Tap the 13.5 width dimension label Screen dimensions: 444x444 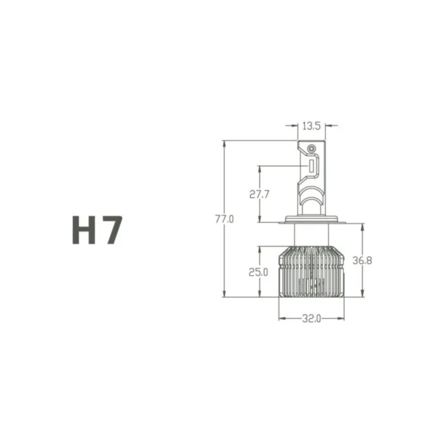point(311,126)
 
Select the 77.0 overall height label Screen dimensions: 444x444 point(225,219)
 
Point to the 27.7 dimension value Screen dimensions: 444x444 point(259,195)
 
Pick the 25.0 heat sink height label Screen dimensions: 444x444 point(259,272)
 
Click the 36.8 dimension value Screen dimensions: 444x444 point(362,260)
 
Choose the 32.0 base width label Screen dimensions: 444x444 point(311,319)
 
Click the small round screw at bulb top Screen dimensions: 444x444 point(311,148)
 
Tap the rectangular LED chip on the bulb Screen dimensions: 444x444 point(312,166)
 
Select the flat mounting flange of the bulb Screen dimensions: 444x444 point(311,221)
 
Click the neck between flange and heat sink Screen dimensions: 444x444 point(311,236)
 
